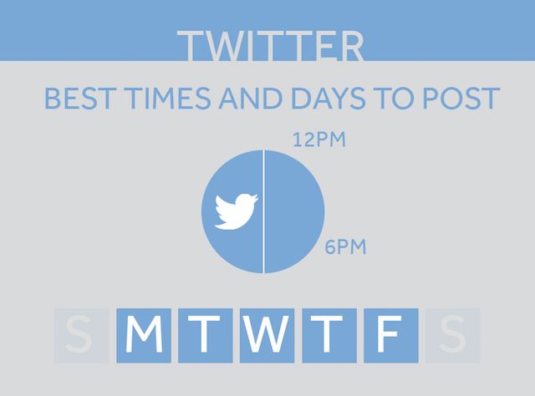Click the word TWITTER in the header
point(271,47)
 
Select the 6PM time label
point(345,247)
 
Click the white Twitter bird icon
point(235,211)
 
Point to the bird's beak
point(255,197)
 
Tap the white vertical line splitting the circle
point(264,211)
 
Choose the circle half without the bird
point(294,211)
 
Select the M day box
point(144,336)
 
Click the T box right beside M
point(206,336)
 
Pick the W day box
point(267,336)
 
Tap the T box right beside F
point(329,336)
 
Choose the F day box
point(391,336)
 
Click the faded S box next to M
point(81,336)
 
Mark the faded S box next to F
point(453,336)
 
